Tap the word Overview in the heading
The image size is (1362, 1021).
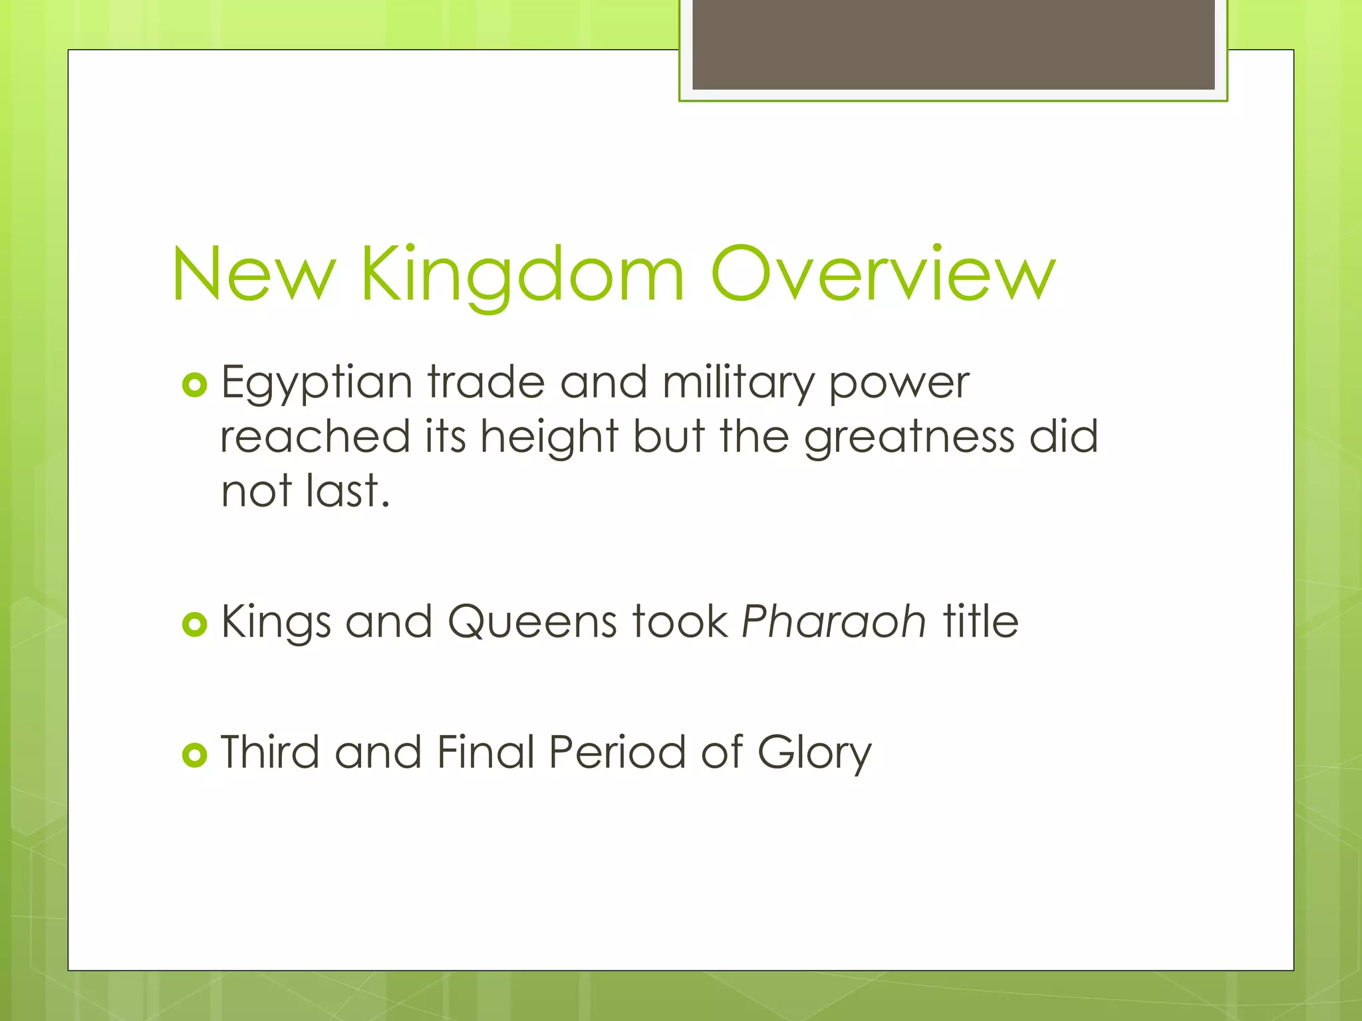(883, 275)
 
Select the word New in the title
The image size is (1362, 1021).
(253, 275)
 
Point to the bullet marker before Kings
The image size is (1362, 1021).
(194, 624)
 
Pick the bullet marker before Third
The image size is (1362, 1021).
(194, 754)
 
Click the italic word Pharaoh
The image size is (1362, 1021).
(833, 622)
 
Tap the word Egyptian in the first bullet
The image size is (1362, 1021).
(317, 384)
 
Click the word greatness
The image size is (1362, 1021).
(909, 437)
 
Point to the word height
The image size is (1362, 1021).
(549, 437)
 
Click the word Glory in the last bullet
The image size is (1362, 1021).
(814, 753)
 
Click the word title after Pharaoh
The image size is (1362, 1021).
(980, 622)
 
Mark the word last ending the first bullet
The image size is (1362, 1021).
(347, 491)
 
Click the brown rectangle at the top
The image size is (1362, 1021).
(953, 45)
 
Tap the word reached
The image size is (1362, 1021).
(315, 437)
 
